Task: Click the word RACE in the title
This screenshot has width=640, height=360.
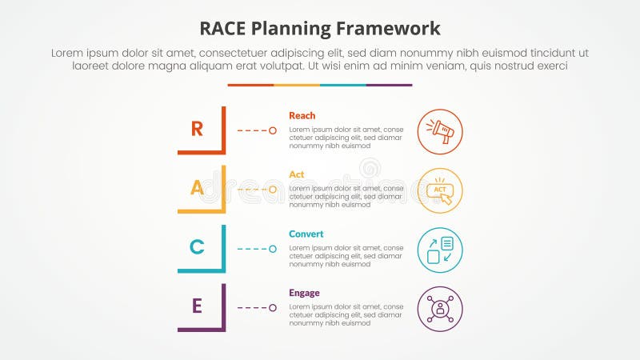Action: (222, 29)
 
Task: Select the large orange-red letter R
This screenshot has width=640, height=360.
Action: (197, 129)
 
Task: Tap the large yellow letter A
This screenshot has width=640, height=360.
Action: (197, 188)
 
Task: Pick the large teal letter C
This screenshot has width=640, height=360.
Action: (197, 247)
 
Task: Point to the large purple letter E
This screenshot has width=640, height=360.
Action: (197, 306)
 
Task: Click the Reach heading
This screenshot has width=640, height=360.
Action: (302, 115)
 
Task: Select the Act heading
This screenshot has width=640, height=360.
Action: (296, 174)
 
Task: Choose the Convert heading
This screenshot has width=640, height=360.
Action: (306, 234)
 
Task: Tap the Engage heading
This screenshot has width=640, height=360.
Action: (304, 293)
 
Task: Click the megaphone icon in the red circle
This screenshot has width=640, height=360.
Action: (440, 131)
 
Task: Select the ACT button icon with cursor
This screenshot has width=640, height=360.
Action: (440, 191)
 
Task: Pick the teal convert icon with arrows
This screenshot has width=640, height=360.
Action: (440, 250)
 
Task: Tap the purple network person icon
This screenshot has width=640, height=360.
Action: (440, 309)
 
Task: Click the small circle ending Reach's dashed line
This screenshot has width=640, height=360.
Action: (273, 130)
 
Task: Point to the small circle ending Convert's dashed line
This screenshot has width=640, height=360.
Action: (273, 249)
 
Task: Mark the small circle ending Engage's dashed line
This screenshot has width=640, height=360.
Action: (273, 308)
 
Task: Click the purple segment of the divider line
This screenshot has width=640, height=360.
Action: (390, 86)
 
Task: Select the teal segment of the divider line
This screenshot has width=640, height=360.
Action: (343, 86)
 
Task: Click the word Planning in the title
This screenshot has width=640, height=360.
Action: (290, 29)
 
